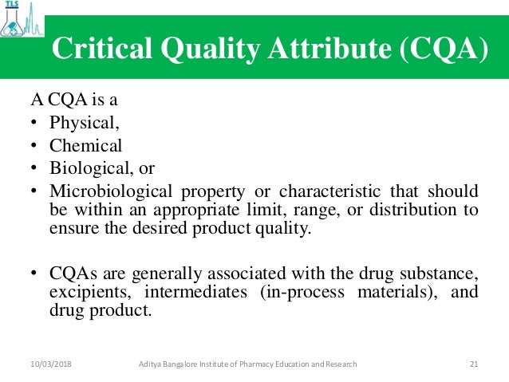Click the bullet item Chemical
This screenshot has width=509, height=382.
(85, 146)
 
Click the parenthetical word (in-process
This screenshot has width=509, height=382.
(303, 293)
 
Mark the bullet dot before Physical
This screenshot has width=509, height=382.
(34, 124)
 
